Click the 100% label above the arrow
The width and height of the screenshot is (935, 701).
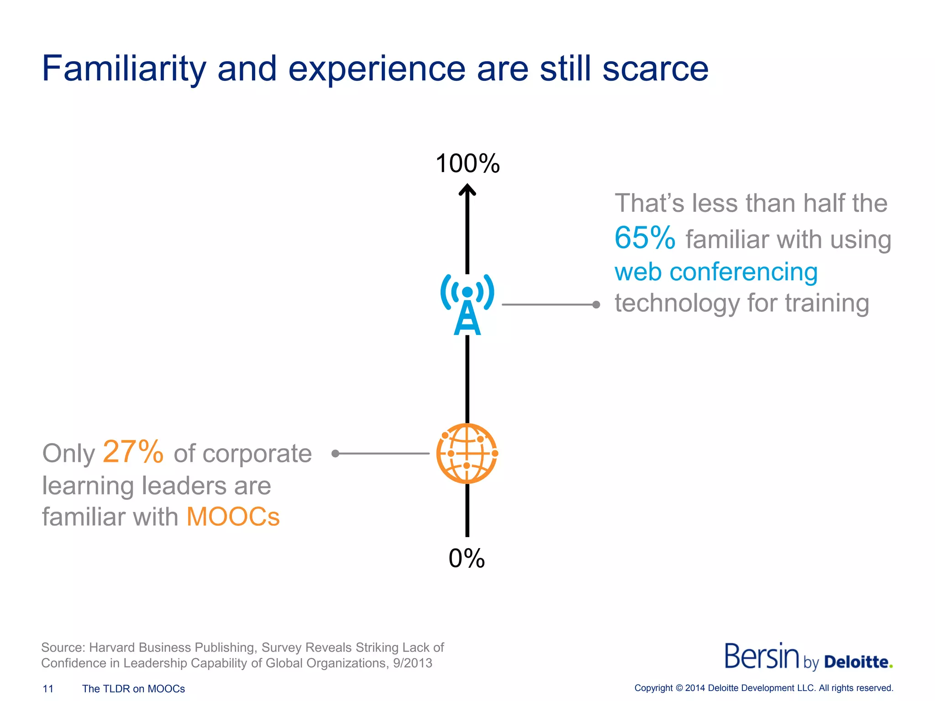click(467, 163)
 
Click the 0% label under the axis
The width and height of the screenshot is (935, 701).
click(467, 558)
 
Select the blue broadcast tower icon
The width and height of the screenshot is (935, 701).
click(467, 305)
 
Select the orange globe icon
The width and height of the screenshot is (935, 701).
click(467, 453)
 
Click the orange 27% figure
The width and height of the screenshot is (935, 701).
click(133, 452)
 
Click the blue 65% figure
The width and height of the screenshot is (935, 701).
click(645, 238)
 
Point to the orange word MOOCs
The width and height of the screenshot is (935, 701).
click(233, 517)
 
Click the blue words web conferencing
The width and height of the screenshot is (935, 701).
click(716, 272)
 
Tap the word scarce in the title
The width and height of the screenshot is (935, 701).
click(655, 69)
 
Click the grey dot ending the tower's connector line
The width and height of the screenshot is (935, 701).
click(596, 304)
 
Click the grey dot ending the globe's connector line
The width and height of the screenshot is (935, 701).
click(336, 453)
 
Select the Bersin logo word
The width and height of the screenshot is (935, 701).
click(762, 656)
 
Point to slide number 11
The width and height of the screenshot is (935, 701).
click(48, 689)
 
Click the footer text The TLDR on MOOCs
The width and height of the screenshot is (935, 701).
click(133, 689)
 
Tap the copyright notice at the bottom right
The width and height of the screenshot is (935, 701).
click(763, 688)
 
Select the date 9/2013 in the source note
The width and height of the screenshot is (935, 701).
click(412, 663)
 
